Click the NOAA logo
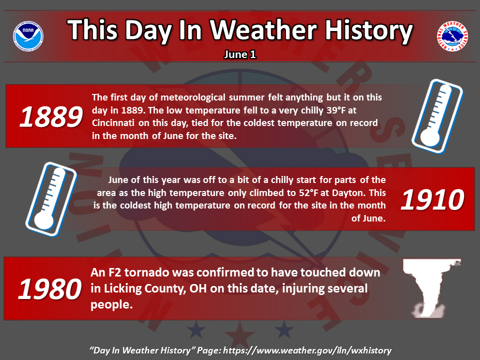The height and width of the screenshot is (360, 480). click(28, 36)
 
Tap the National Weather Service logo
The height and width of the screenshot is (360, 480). click(452, 36)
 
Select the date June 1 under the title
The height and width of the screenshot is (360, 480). click(239, 54)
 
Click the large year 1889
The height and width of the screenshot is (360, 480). click(51, 116)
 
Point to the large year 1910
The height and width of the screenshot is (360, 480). click(432, 199)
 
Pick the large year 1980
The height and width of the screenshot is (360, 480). click(50, 289)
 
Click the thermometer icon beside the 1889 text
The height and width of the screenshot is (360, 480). click(437, 116)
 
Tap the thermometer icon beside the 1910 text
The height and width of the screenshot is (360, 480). click(51, 199)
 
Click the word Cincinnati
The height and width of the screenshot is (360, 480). click(113, 123)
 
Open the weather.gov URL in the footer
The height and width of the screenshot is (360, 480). click(307, 350)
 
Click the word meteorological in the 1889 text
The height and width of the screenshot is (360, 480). click(193, 97)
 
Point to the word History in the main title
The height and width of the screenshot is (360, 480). click(368, 30)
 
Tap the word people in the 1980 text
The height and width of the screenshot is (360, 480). click(111, 305)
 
